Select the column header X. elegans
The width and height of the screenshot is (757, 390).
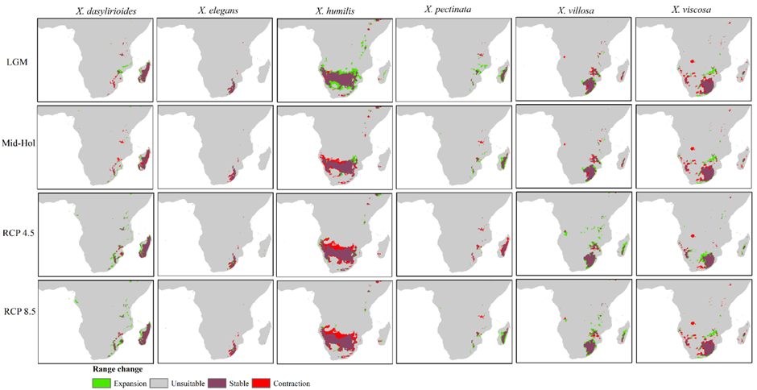(x=212, y=10)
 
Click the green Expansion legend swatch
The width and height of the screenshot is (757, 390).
(x=101, y=384)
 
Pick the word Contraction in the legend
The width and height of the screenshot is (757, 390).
(x=291, y=384)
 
